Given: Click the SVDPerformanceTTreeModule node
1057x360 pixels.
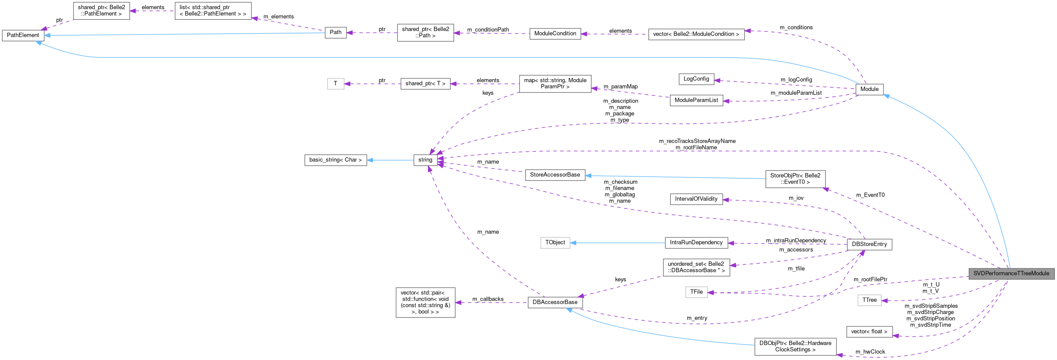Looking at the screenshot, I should pos(1011,273).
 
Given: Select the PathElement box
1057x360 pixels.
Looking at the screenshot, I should pos(23,35).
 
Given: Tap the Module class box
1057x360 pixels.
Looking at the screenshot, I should pos(869,89).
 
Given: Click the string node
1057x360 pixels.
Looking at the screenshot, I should pos(425,160).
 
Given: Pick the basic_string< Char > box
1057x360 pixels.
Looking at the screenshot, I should pos(335,160).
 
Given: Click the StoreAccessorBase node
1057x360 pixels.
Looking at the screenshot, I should pos(555,175).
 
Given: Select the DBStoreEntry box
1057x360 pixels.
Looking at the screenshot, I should pos(869,244).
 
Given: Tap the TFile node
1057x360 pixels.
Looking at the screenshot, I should pos(696,292).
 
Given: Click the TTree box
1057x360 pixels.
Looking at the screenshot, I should pos(869,300).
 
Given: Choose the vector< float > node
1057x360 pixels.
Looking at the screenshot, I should pos(869,332).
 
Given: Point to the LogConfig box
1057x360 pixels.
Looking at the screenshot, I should pos(696,79).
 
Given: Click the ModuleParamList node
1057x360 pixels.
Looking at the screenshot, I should pos(696,100).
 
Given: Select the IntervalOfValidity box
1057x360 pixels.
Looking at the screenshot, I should pos(696,199).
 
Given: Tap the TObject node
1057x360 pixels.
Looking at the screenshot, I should pos(555,242).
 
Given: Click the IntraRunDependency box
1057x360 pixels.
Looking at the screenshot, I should pos(696,242).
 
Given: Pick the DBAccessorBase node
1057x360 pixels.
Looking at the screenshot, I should pos(555,302).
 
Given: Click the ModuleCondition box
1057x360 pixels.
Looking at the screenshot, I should pos(555,34).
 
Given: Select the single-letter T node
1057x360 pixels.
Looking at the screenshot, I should pos(335,84).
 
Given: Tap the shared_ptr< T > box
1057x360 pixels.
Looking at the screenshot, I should pos(425,84).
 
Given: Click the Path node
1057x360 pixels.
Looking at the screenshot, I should pos(335,32).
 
